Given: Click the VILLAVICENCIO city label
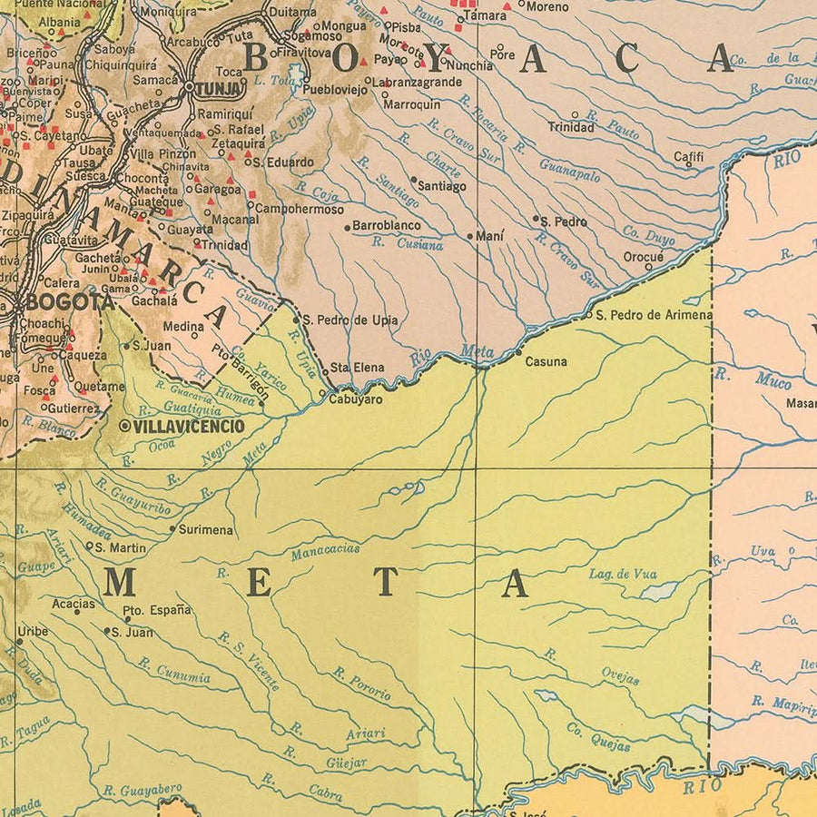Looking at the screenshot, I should [x=188, y=425].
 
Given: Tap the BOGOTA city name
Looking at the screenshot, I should [x=70, y=301].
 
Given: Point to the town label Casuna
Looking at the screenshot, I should [x=546, y=361].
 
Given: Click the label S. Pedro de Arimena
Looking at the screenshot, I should [x=654, y=315].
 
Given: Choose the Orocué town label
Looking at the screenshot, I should [x=643, y=257].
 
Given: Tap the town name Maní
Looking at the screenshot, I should [x=490, y=236].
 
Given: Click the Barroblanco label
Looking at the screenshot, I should [x=386, y=225].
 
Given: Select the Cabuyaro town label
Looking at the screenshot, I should [x=355, y=399].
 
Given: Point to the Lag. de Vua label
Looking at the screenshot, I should [x=622, y=574].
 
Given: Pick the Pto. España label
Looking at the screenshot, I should [x=157, y=609].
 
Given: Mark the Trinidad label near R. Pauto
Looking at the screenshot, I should [x=570, y=127].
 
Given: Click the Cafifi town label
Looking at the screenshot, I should [x=688, y=156].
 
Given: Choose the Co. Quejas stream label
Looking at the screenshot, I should [x=598, y=736].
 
